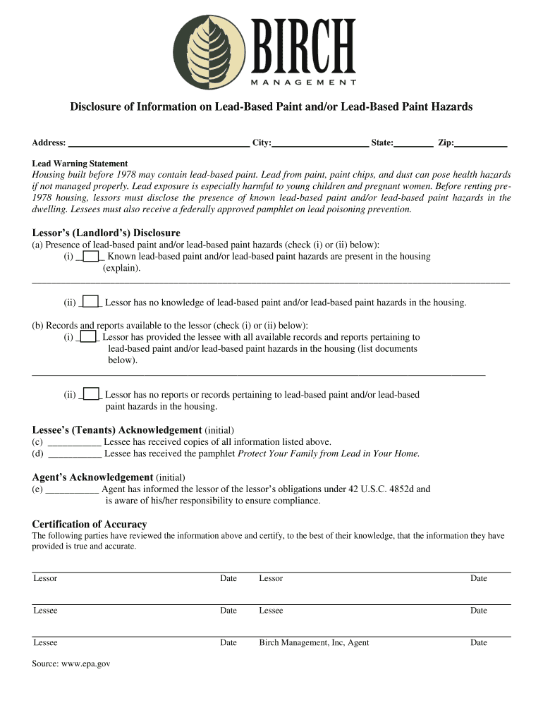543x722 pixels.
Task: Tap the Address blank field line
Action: coord(159,142)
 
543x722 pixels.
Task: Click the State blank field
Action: coord(414,142)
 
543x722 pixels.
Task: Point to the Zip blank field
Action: coord(481,142)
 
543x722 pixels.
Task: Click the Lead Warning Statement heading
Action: coord(80,163)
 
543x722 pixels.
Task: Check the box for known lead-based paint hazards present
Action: coord(90,256)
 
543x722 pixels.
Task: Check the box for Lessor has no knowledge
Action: coord(90,302)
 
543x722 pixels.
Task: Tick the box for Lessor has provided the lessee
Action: coord(88,337)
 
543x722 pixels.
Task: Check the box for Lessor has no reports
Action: coord(90,394)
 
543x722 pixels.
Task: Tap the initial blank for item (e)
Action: coord(73,489)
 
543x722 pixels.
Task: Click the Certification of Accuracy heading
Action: coord(90,524)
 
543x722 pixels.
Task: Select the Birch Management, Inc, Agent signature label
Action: coord(314,642)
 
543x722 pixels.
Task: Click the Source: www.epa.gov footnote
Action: coord(71,663)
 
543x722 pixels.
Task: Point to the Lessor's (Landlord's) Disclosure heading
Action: coord(106,233)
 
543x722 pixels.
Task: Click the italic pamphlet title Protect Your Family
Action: coord(329,453)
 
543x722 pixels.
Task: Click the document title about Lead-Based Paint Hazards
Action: coord(271,106)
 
